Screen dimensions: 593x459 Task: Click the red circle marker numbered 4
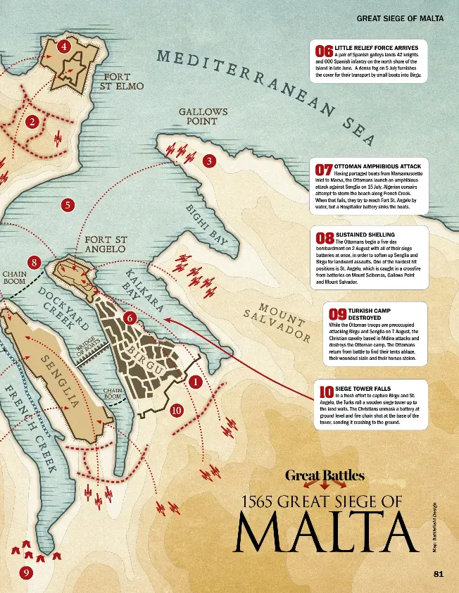64,47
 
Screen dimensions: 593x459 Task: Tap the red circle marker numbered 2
31,122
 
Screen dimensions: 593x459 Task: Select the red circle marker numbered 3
208,161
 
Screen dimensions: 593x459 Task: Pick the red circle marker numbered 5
68,205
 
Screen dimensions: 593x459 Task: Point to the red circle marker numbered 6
130,318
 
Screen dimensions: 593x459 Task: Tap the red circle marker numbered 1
195,381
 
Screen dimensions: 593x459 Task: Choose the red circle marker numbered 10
176,409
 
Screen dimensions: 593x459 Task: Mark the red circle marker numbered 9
26,573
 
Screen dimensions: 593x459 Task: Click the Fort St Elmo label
124,82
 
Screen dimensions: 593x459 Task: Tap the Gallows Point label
203,116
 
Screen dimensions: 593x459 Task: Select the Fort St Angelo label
105,244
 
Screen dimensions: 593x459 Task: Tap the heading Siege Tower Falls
362,388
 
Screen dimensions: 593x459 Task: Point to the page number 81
438,574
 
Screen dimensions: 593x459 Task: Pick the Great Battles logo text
325,475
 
